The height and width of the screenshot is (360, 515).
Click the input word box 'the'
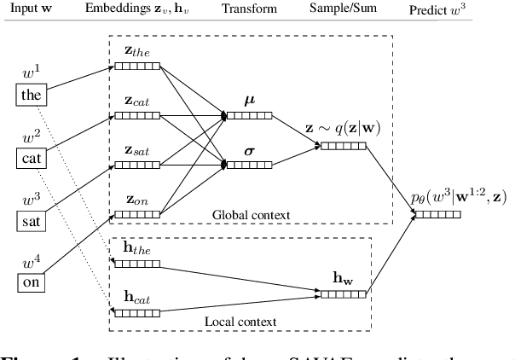[x=32, y=96]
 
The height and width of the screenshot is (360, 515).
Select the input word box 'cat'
[x=32, y=158]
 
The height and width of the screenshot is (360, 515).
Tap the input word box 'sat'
[x=32, y=220]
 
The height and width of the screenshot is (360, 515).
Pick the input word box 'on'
[x=32, y=282]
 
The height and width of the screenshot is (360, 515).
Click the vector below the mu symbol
[x=249, y=114]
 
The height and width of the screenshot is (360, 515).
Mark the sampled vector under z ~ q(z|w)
[x=343, y=146]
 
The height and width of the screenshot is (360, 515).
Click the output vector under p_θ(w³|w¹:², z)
[x=437, y=212]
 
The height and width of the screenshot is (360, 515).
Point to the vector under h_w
[x=343, y=293]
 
